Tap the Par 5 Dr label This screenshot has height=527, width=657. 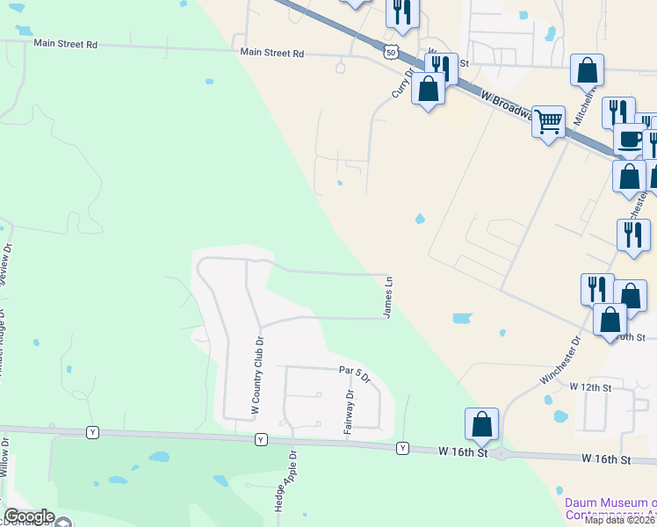355,374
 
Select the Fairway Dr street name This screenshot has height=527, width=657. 350,407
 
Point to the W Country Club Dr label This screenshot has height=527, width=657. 256,375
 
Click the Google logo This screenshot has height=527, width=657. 29,516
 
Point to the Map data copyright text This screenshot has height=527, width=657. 620,520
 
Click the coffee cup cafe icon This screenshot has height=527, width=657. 629,138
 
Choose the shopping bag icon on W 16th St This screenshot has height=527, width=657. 482,424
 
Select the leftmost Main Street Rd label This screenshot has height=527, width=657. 65,43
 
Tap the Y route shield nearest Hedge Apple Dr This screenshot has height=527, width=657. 260,438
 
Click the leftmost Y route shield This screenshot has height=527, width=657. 91,432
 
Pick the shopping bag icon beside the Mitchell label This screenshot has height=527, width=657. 587,69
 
